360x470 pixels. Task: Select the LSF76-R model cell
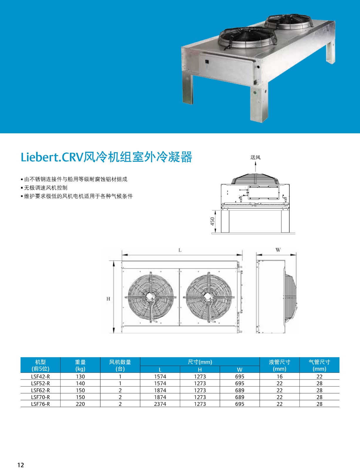41,404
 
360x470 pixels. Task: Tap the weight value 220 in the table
80,404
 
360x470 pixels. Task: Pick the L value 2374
160,404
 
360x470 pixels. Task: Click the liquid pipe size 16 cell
279,377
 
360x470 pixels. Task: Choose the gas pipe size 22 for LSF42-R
319,377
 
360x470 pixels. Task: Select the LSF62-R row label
41,390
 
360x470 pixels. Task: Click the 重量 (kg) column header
80,365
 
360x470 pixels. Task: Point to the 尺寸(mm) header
200,362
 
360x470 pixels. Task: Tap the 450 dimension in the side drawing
212,221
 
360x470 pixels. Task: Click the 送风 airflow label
255,157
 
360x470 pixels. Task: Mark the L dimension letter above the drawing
180,250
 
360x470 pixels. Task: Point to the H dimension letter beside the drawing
108,299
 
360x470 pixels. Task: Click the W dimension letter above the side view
278,250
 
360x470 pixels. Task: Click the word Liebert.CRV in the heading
52,157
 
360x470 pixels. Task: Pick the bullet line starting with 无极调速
44,188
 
